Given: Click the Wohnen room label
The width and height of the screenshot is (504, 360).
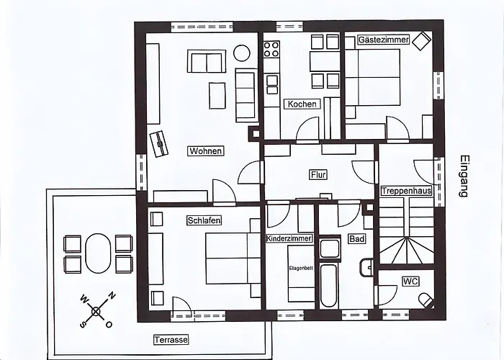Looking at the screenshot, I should [205, 150].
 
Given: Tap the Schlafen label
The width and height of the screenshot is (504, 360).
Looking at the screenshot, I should [203, 220].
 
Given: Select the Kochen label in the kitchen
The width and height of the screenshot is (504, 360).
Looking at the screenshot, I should [302, 104].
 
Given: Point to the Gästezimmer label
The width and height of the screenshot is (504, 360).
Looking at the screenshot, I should [384, 40].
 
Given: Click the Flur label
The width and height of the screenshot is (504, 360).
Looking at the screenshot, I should [318, 174].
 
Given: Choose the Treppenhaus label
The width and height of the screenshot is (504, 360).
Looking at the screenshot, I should [407, 191].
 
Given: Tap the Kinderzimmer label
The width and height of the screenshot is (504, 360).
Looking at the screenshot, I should [289, 238].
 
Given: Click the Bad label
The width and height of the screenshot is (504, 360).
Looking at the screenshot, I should [356, 238].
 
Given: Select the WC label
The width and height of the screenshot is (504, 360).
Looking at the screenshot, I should [410, 281].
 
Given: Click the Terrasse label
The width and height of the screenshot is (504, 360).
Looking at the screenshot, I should [171, 339].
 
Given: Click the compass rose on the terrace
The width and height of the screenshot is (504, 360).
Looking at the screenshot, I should [96, 310].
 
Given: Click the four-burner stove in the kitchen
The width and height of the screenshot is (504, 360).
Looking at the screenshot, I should [271, 50].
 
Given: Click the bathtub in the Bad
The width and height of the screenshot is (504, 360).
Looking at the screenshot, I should [330, 286].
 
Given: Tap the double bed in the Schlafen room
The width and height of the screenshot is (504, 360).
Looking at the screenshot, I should [231, 258].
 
